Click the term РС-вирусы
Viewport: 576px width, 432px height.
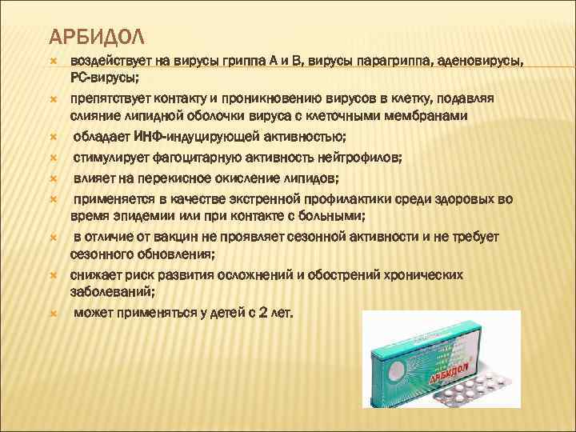pos(105,78)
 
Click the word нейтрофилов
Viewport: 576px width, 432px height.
pos(351,156)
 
